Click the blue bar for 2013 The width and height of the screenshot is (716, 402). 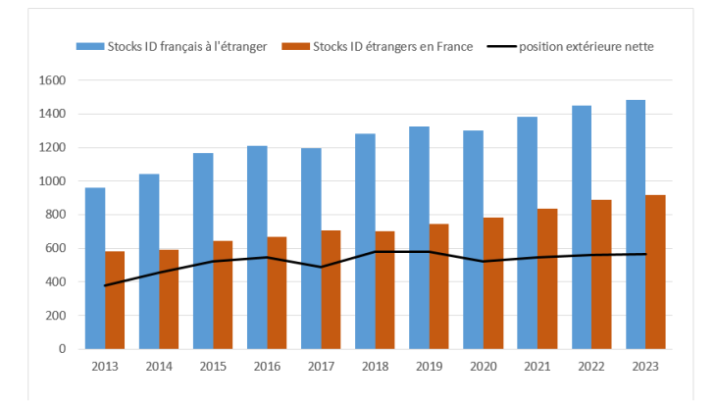tap(95, 268)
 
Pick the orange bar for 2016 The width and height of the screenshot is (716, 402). tap(277, 292)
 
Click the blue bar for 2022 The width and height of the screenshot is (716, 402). tap(581, 226)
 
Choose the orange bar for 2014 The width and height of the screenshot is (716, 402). tap(169, 299)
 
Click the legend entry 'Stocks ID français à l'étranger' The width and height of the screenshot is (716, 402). tap(172, 46)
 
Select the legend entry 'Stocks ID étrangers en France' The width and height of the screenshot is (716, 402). tap(378, 46)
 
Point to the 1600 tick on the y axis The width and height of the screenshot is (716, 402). tap(53, 80)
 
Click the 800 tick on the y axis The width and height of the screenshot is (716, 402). tap(56, 215)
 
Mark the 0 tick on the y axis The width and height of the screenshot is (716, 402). tap(62, 349)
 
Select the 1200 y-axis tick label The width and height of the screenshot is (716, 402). tap(53, 148)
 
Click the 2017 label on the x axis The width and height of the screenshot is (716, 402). tap(321, 366)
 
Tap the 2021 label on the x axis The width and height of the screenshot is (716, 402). tap(537, 366)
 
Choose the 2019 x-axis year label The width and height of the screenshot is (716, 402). tap(429, 366)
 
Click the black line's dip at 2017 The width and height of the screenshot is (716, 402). tap(321, 267)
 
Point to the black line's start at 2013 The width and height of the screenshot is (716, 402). tap(106, 285)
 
